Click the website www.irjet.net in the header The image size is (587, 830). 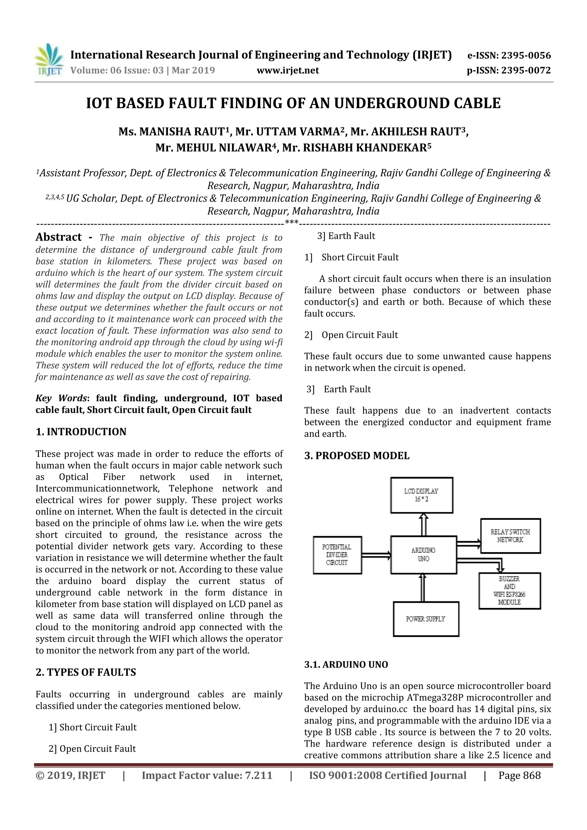[287, 70]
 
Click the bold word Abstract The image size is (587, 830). [58, 237]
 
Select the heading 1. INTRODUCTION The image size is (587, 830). [81, 432]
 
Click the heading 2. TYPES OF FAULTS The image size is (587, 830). [86, 672]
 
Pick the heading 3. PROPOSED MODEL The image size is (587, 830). [357, 456]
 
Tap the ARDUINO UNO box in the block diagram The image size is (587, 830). [423, 555]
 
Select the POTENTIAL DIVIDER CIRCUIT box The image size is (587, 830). [337, 555]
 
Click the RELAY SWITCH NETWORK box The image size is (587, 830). [510, 536]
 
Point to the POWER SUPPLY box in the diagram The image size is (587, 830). [426, 619]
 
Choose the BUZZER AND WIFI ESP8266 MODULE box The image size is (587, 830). [509, 591]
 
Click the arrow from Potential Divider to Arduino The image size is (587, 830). [376, 555]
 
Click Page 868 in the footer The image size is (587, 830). [519, 775]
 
